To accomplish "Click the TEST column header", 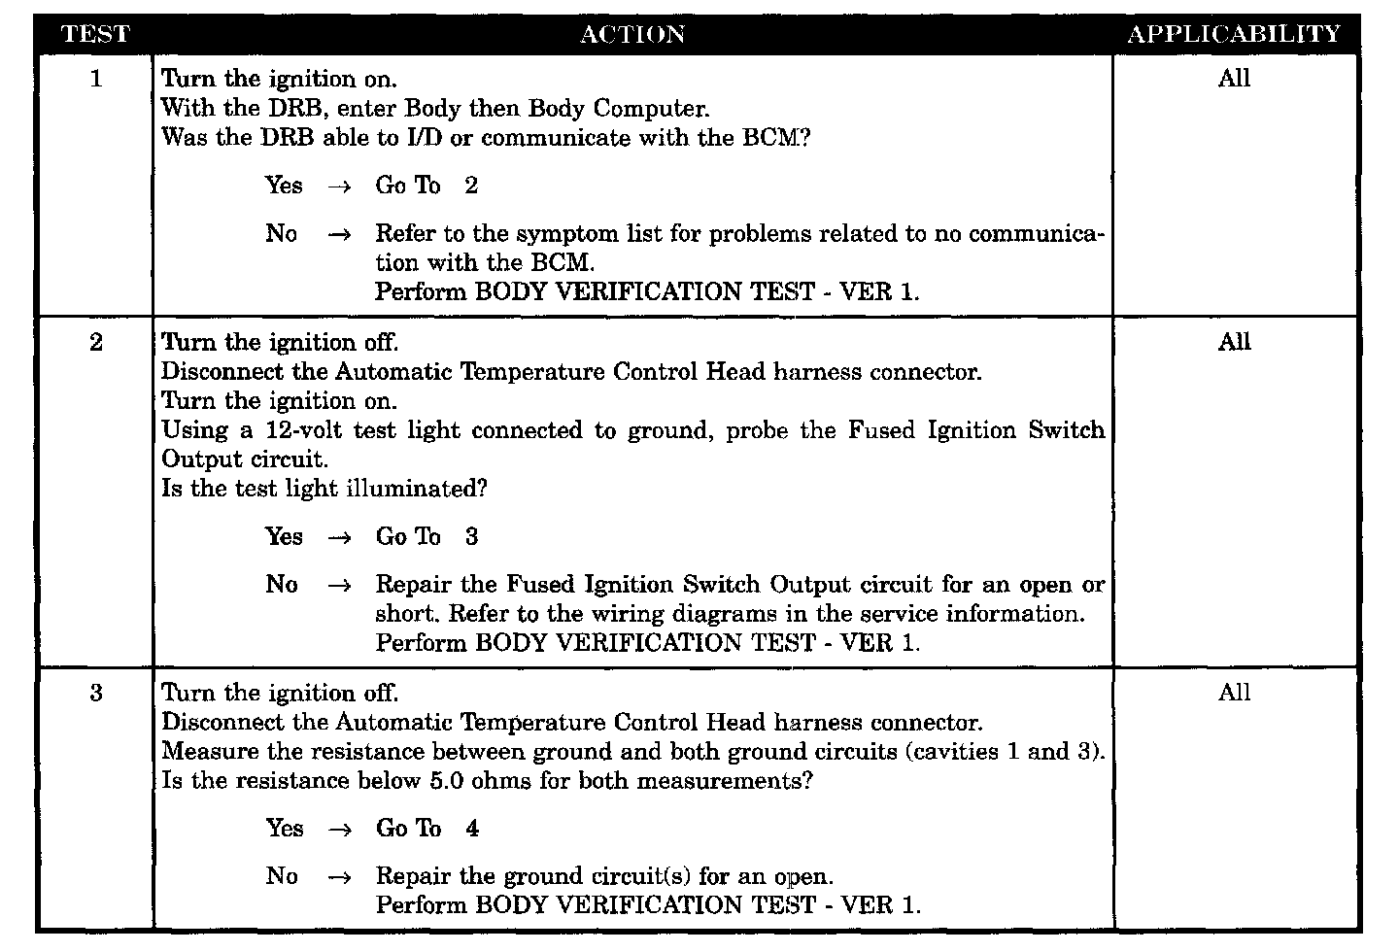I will tap(95, 34).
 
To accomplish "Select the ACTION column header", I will tap(632, 34).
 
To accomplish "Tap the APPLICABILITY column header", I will tap(1234, 34).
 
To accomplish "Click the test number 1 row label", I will tap(95, 79).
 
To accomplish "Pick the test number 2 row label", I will tap(95, 342).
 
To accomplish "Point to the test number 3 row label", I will tap(95, 693).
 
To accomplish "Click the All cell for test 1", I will tap(1234, 79).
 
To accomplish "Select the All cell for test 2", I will tap(1234, 342).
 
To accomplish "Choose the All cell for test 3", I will tap(1234, 693).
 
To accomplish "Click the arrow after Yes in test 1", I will tap(338, 187).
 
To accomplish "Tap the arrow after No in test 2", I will tap(338, 586).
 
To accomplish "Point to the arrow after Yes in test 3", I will tap(338, 830).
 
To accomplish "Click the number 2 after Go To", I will tap(471, 186).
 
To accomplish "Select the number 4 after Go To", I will tap(472, 829).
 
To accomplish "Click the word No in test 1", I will tap(282, 233).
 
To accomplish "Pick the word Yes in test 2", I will tap(284, 536).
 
